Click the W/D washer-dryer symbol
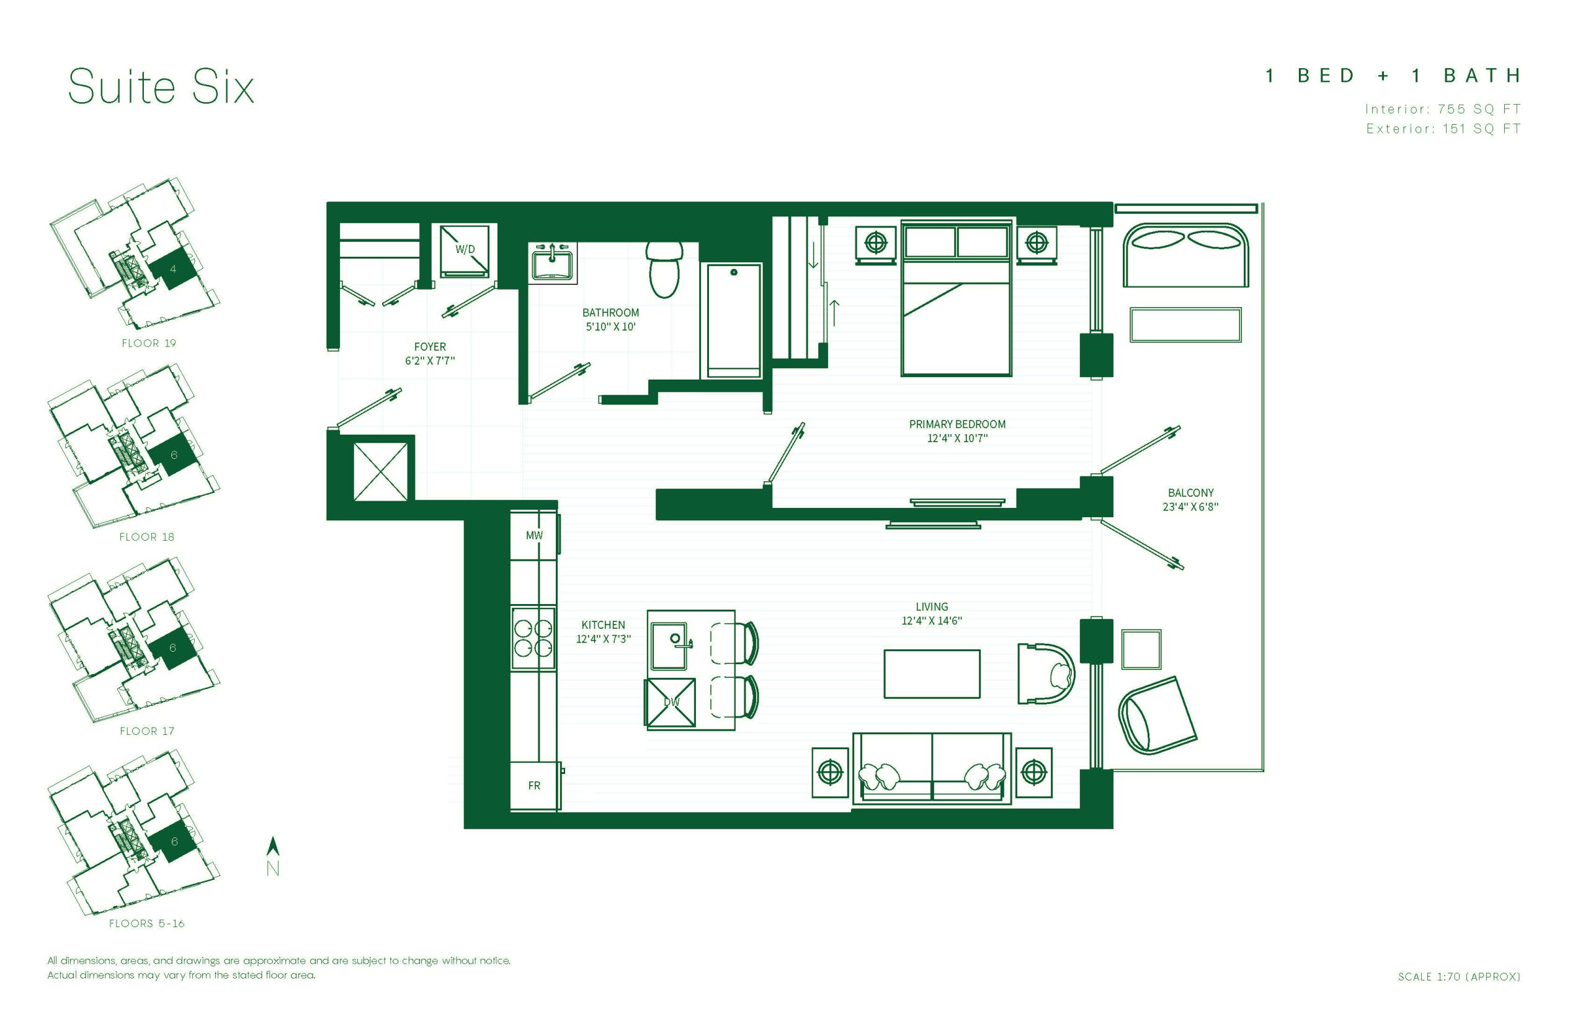click(464, 250)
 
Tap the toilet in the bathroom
click(664, 269)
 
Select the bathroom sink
click(551, 263)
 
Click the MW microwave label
click(534, 535)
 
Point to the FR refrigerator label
click(534, 786)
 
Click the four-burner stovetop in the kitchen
click(533, 638)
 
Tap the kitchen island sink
click(669, 646)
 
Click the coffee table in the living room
click(932, 674)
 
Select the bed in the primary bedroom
click(956, 298)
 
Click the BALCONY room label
click(1190, 493)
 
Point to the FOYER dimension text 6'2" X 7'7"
click(429, 361)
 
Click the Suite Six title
click(161, 87)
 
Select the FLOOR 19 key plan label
click(149, 343)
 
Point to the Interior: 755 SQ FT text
click(1443, 109)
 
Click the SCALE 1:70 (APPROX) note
click(1459, 976)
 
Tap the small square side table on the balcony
click(1141, 649)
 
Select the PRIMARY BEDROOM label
click(957, 424)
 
